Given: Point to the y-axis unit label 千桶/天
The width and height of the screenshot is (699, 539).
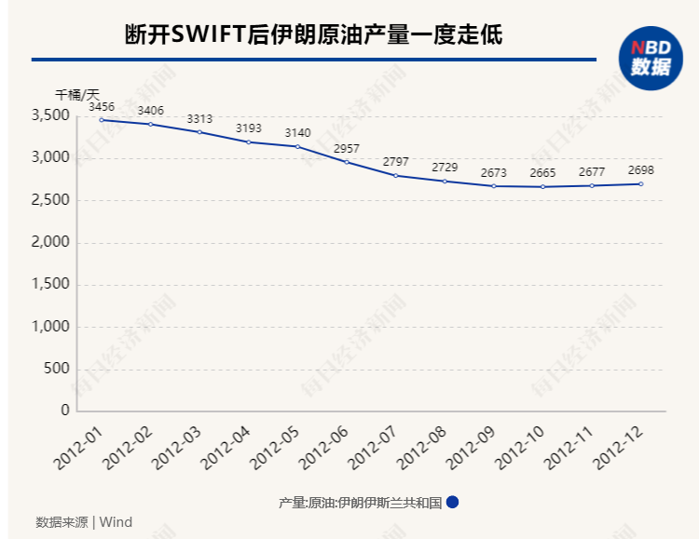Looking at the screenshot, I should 76,94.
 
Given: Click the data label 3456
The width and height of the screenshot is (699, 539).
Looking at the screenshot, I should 102,108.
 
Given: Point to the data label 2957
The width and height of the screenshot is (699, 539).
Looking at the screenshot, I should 348,149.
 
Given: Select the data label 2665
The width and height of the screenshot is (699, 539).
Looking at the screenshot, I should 543,173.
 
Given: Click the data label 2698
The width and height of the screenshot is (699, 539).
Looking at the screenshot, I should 641,170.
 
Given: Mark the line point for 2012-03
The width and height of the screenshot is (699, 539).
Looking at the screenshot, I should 199,132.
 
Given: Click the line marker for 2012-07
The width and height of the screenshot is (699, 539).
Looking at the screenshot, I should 396,175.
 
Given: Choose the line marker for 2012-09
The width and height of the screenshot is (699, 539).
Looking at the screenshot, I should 494,186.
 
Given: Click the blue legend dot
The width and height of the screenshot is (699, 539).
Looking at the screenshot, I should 452,502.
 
